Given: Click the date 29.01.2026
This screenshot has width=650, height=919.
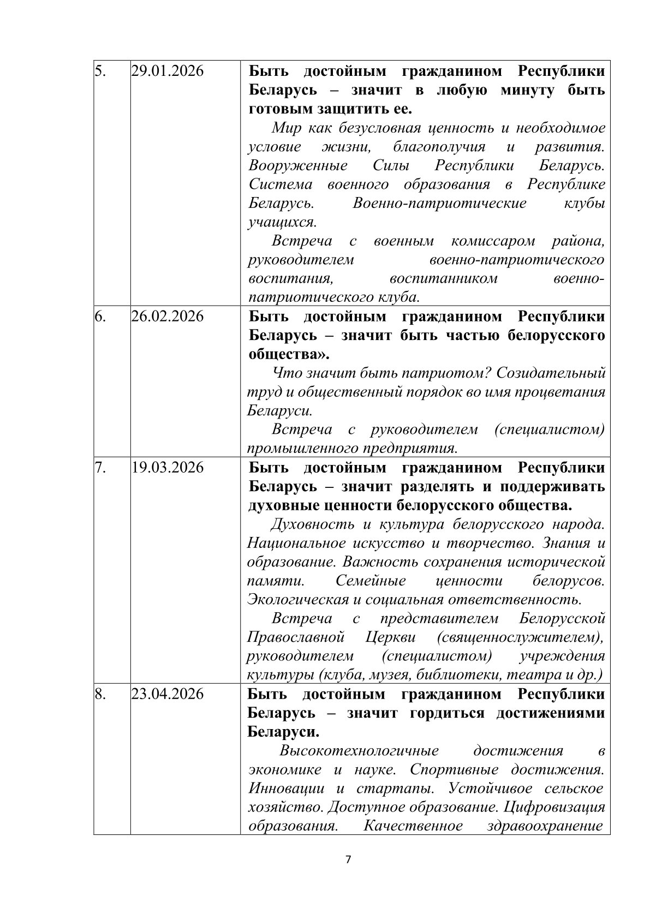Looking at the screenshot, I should tap(168, 71).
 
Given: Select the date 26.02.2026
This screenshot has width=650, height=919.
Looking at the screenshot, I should tap(168, 317).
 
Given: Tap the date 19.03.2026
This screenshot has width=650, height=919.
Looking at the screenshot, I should tap(168, 468).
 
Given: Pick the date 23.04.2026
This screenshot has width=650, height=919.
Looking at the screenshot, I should tap(168, 694).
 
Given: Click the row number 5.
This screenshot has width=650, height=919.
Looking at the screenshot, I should tap(100, 71).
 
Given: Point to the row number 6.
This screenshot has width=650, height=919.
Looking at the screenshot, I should tap(100, 317).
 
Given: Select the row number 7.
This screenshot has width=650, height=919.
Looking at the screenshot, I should tap(100, 468).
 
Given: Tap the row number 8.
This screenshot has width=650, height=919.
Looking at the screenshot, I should tap(100, 694).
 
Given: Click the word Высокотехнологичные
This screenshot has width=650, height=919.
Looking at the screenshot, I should tap(359, 751).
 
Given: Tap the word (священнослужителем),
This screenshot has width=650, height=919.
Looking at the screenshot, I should tap(520, 637).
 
